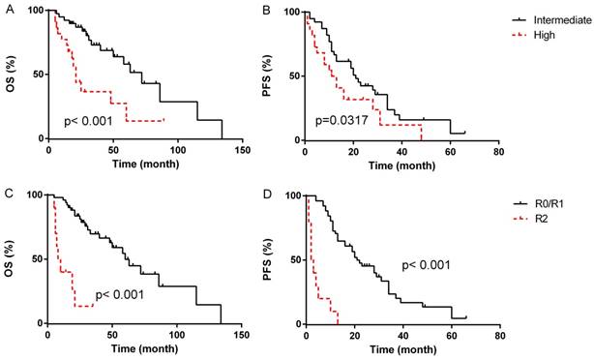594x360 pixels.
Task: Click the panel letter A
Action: [8, 9]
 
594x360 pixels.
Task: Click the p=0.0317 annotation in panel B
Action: [345, 122]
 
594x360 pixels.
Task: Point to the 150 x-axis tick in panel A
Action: [242, 151]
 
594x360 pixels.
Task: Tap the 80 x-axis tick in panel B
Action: [497, 151]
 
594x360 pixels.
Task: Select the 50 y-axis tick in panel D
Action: [293, 258]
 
